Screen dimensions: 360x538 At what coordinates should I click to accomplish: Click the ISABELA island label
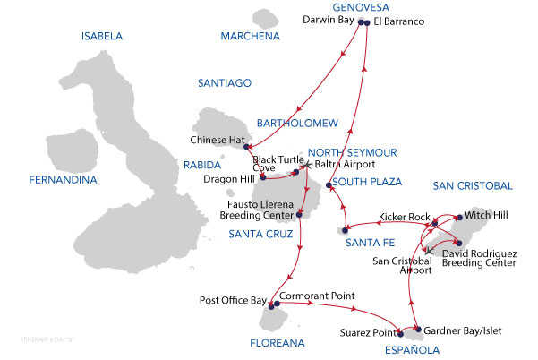(102, 37)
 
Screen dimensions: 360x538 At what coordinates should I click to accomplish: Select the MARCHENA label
(250, 37)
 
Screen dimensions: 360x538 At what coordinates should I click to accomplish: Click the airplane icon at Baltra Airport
(306, 164)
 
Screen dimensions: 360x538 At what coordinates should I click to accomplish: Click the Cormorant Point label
(316, 296)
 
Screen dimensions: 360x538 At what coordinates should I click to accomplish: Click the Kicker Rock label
(404, 218)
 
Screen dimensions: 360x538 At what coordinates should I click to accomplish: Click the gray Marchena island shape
(265, 18)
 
